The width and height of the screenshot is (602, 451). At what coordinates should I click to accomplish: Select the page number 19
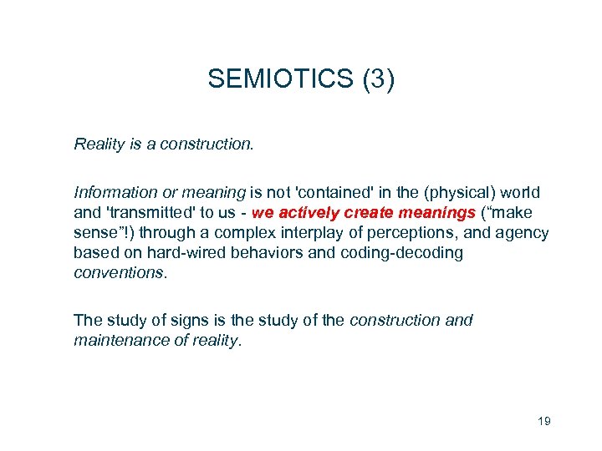tap(543, 421)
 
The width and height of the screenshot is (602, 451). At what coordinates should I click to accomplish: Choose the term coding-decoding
tap(402, 253)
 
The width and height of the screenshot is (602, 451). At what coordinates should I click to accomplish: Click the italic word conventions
tap(119, 273)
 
